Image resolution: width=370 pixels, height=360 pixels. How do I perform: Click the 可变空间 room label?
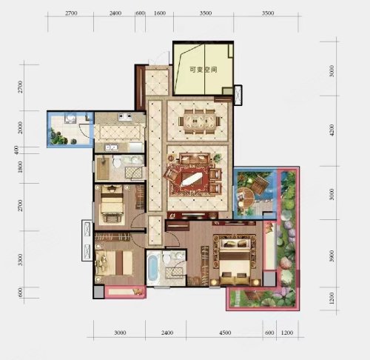203,70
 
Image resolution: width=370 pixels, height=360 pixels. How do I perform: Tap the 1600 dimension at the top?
160,13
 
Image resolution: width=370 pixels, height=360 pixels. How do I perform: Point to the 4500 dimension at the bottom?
225,333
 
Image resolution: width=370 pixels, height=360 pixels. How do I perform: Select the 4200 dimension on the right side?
332,130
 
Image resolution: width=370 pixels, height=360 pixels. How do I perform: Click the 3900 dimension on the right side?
332,256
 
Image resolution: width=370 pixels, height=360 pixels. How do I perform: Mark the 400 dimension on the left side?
16,150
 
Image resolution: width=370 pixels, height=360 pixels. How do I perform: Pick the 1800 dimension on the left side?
20,167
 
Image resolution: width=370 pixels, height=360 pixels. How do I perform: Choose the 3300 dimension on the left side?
20,259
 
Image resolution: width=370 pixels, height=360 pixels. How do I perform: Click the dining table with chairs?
200,121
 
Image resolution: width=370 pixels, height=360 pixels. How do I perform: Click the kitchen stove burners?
125,116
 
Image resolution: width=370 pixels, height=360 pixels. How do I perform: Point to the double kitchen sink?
112,147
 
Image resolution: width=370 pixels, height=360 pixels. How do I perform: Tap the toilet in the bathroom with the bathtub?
166,258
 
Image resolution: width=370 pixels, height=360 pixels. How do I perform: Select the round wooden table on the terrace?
246,197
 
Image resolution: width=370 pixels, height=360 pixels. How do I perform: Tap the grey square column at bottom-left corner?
99,292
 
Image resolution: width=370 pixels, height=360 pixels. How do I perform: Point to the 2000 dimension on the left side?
20,127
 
